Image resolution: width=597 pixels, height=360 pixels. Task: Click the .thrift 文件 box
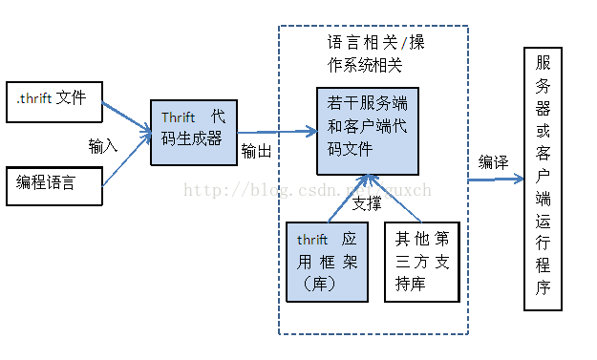[x=53, y=100]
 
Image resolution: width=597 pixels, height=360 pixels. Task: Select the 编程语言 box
[x=53, y=185]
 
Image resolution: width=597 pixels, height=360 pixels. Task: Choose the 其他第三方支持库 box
[x=420, y=261]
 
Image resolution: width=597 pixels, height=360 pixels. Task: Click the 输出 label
[x=255, y=151]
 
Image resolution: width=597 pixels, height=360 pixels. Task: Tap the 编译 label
[x=493, y=161]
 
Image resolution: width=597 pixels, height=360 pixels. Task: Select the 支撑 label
[x=366, y=203]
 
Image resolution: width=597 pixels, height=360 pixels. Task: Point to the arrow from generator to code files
[x=276, y=133]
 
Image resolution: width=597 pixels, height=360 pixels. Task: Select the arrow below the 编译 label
[x=497, y=179]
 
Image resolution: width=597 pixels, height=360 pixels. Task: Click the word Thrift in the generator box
[x=178, y=117]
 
